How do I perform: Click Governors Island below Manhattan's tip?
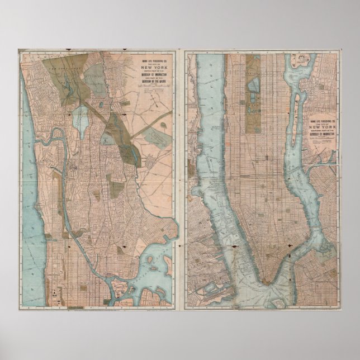278,302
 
